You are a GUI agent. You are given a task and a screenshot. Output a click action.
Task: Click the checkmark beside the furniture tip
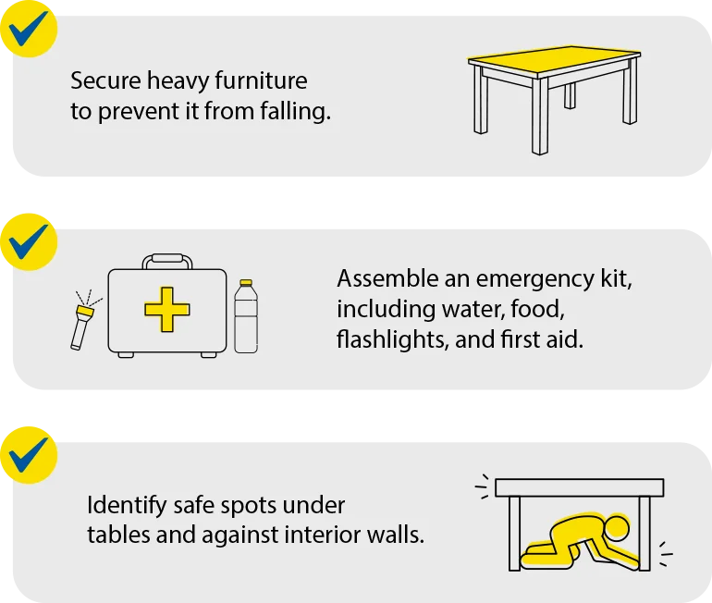click(28, 28)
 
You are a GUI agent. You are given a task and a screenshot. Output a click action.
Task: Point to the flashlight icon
click(81, 324)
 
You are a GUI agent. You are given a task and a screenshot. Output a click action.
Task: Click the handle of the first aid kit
click(167, 261)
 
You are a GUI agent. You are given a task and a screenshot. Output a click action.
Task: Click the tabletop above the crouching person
click(579, 487)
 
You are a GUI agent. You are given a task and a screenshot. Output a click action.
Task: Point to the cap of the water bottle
click(245, 284)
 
